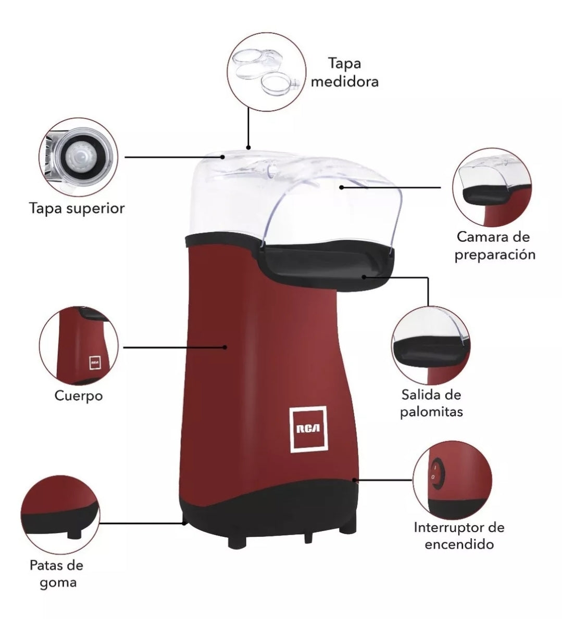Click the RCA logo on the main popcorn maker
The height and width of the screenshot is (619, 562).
click(x=309, y=429)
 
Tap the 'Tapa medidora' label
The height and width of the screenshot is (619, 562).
click(x=345, y=72)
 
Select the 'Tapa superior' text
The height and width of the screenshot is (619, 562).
click(x=77, y=209)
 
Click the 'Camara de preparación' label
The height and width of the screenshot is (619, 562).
click(x=494, y=246)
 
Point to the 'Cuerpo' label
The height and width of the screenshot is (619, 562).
click(x=79, y=395)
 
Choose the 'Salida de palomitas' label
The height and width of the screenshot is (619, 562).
click(x=431, y=403)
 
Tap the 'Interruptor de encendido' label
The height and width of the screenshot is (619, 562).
click(x=459, y=536)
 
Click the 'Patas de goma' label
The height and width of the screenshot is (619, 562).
click(x=57, y=574)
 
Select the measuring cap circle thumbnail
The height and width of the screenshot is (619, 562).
click(x=266, y=72)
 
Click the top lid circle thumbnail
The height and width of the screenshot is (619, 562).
click(x=78, y=157)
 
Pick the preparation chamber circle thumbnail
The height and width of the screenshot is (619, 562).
click(x=492, y=187)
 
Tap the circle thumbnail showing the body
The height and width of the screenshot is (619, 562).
click(x=79, y=345)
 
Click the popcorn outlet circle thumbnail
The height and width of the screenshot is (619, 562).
click(x=431, y=346)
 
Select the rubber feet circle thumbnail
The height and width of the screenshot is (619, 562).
click(x=60, y=515)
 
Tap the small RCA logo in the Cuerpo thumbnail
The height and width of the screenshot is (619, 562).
click(x=95, y=362)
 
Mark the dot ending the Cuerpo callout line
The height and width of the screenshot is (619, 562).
click(x=224, y=347)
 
